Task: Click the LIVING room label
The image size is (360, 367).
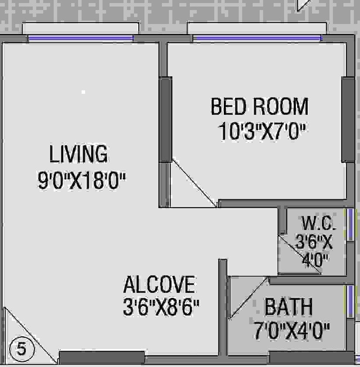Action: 78,154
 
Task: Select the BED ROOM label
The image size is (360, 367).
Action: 259,107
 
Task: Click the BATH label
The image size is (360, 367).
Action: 288,307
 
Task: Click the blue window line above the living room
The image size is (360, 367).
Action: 81,39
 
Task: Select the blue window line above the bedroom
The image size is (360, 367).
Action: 257,39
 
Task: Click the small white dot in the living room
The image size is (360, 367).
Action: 84,92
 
